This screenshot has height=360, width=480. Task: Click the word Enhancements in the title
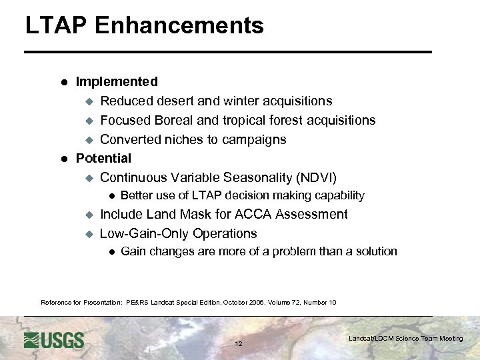[x=179, y=25]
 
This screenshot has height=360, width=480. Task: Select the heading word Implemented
[x=117, y=82]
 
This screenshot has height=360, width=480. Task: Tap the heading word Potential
[x=103, y=159]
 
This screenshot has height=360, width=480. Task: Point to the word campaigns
[x=257, y=140]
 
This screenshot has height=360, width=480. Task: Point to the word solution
[x=374, y=252]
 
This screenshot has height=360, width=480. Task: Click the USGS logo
[x=54, y=340]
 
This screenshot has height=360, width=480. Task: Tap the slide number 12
[x=239, y=344]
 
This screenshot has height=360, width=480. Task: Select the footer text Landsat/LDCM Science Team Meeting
[x=405, y=339]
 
